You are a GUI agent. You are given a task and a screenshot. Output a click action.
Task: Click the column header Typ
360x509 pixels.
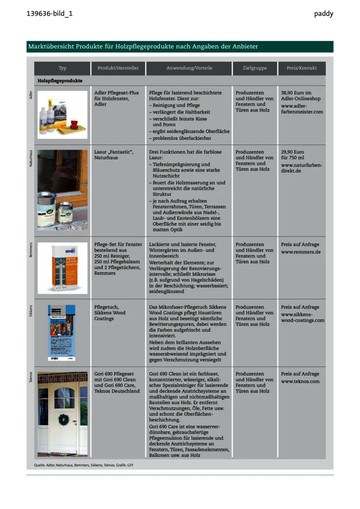[62, 68]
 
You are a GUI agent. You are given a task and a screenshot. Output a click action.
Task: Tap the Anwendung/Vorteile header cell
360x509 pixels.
[189, 68]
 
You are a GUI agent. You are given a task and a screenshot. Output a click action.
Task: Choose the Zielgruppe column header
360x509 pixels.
[255, 68]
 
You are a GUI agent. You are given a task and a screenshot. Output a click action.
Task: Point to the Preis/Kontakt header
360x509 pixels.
[301, 68]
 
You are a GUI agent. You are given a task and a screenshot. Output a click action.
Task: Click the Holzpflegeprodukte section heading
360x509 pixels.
[60, 81]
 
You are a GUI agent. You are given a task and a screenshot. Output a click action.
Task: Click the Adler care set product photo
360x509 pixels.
[62, 115]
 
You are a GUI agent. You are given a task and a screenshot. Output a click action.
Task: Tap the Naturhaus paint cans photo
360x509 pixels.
[62, 189]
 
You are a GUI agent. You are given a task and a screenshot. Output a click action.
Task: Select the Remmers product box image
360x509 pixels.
[62, 268]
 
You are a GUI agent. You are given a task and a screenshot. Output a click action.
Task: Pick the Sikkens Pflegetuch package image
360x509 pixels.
[62, 332]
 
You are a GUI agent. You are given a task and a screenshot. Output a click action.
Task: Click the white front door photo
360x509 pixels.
[62, 414]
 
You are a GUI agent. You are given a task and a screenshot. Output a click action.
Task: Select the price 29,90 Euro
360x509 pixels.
[292, 152]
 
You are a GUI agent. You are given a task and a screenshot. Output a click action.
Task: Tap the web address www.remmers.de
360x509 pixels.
[300, 252]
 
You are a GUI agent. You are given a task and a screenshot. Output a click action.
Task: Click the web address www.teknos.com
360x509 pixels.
[300, 381]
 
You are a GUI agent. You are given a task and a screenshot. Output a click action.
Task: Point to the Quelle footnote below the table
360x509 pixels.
[84, 465]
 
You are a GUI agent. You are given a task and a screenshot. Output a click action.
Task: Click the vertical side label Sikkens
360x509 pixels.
[31, 312]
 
